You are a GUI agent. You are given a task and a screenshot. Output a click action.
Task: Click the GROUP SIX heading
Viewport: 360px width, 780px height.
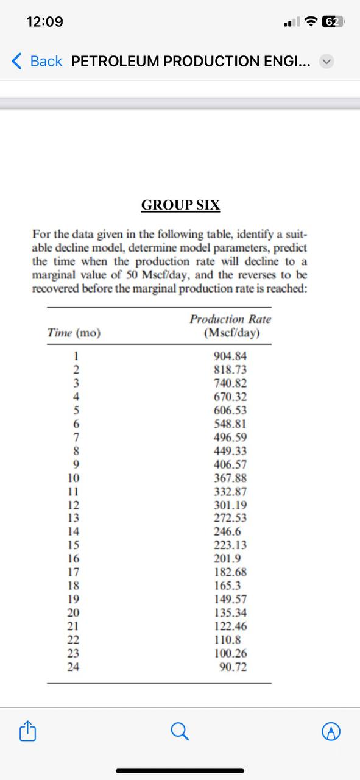point(180,205)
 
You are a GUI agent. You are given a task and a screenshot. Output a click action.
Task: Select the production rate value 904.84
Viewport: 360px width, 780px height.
point(231,356)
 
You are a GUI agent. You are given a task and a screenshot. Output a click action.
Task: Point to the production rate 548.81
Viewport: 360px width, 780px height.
point(231,424)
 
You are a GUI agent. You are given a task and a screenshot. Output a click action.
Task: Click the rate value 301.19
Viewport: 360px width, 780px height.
point(231,505)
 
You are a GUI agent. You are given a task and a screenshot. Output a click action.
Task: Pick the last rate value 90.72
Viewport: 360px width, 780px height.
point(233,667)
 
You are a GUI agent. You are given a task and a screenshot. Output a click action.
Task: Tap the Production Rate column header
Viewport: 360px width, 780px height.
point(230,326)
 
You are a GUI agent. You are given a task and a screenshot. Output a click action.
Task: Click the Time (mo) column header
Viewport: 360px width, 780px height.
point(74,333)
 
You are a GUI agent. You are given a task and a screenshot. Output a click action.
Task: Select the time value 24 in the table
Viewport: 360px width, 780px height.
point(73,667)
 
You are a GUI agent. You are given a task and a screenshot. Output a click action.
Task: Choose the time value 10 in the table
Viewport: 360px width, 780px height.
point(73,478)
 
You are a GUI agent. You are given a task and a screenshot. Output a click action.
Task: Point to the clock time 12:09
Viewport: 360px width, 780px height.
point(45,22)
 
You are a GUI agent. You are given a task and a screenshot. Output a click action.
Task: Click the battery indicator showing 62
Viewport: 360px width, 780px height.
point(333,22)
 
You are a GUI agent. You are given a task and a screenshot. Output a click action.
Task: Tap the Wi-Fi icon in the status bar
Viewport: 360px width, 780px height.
point(311,22)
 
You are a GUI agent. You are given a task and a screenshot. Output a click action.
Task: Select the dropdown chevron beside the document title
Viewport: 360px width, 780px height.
point(328,61)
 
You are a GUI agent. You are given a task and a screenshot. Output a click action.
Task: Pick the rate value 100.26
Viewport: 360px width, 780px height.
point(231,653)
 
